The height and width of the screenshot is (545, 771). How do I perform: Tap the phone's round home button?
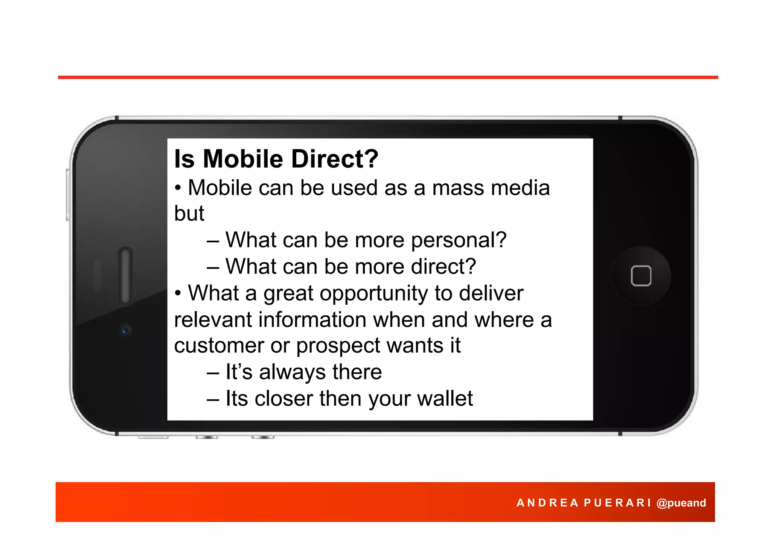pyautogui.click(x=641, y=276)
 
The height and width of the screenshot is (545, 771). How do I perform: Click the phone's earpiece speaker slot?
pyautogui.click(x=125, y=274)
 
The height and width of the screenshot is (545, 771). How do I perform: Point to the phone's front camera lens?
pyautogui.click(x=125, y=331)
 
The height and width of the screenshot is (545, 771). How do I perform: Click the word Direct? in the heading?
pyautogui.click(x=335, y=159)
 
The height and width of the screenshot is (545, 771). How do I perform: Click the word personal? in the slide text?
pyautogui.click(x=459, y=240)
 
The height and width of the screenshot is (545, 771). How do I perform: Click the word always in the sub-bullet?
pyautogui.click(x=292, y=372)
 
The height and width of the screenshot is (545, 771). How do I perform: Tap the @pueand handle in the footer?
pyautogui.click(x=681, y=503)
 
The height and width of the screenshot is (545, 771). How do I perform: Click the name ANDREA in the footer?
pyautogui.click(x=547, y=503)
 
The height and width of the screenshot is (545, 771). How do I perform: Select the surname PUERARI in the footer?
pyautogui.click(x=617, y=503)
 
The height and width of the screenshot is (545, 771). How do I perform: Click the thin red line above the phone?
pyautogui.click(x=388, y=77)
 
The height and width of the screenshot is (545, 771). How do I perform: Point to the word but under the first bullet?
pyautogui.click(x=189, y=214)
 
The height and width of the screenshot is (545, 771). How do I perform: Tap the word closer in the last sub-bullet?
pyautogui.click(x=283, y=398)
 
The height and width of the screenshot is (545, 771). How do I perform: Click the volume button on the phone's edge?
pyautogui.click(x=68, y=195)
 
